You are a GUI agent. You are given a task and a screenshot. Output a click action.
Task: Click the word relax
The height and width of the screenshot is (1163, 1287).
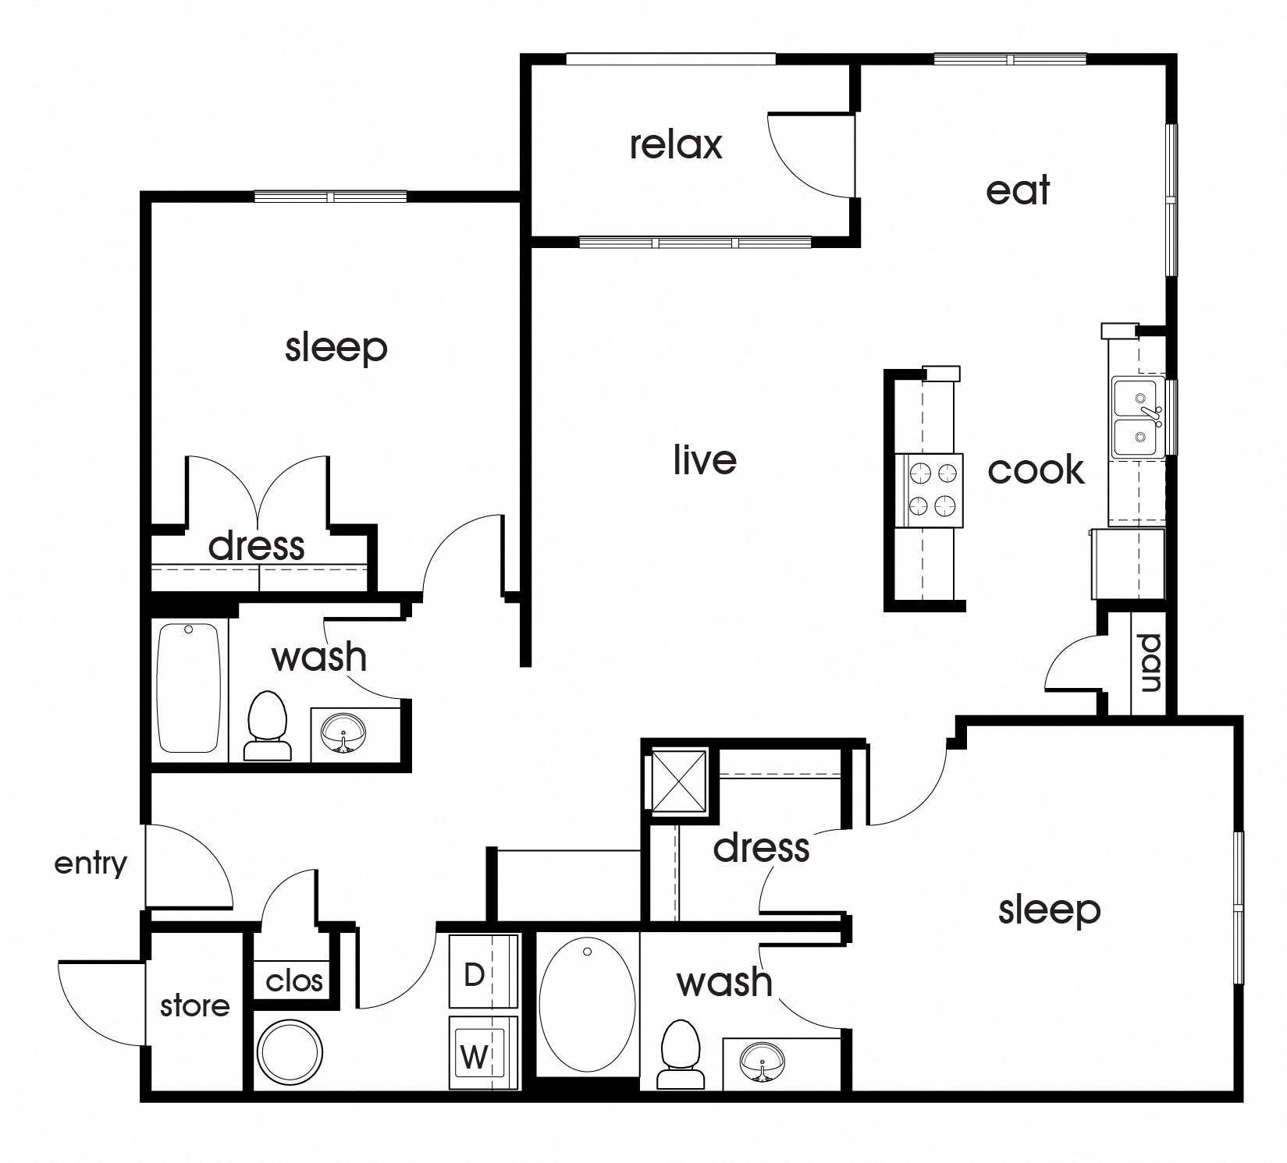pyautogui.click(x=676, y=145)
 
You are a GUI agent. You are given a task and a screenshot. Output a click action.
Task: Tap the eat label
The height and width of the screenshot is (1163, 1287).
pyautogui.click(x=1018, y=190)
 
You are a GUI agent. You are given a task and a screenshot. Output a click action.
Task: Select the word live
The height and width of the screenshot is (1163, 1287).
pyautogui.click(x=705, y=459)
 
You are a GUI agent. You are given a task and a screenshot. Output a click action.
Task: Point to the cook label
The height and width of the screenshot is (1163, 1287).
pyautogui.click(x=1036, y=470)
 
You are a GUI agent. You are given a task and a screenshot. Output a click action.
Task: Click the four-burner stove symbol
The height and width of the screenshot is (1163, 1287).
pyautogui.click(x=934, y=490)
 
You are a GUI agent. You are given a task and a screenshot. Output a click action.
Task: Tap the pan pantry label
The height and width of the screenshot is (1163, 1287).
pyautogui.click(x=1150, y=664)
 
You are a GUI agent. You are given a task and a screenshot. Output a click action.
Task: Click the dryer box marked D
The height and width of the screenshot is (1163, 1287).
pyautogui.click(x=482, y=974)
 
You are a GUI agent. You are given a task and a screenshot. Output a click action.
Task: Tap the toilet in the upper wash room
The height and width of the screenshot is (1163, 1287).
pyautogui.click(x=268, y=725)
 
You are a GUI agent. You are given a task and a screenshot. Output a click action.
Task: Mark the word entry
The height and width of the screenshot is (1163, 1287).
pyautogui.click(x=91, y=863)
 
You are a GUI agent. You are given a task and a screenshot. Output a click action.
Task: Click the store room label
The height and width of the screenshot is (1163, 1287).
pyautogui.click(x=194, y=1005)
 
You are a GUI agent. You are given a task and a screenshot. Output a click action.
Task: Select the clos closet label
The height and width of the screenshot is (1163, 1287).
pyautogui.click(x=293, y=980)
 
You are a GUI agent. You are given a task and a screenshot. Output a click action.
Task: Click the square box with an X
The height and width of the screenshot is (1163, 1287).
pyautogui.click(x=678, y=780)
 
